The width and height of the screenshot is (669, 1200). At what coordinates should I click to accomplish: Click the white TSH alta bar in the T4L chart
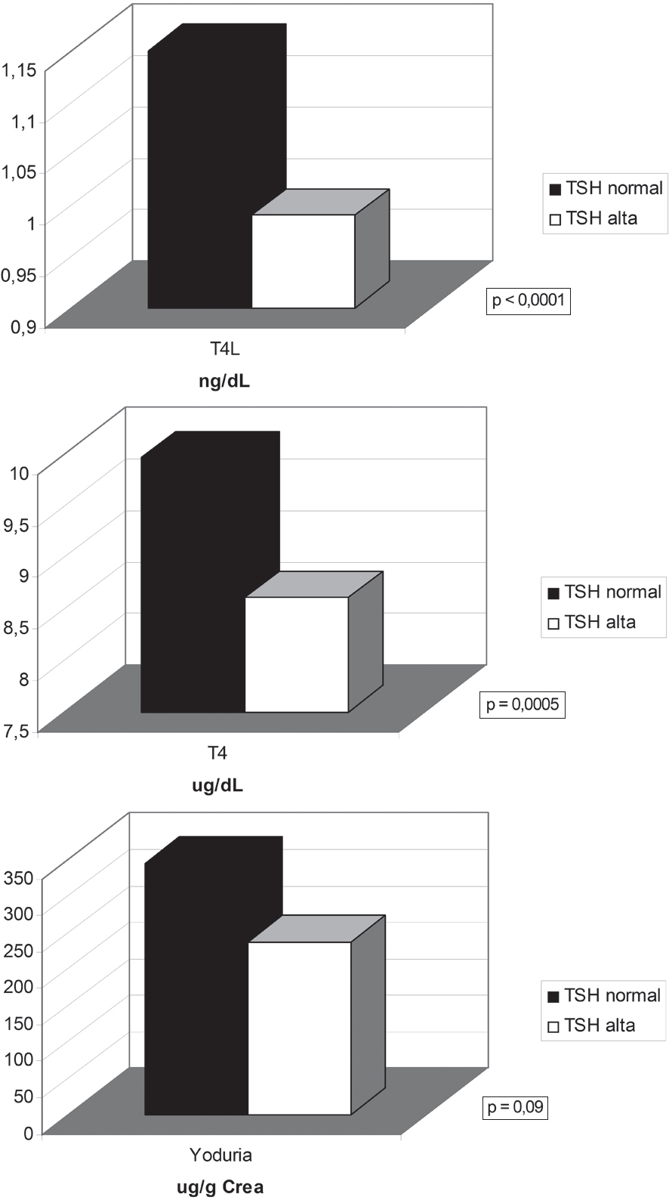[x=303, y=261]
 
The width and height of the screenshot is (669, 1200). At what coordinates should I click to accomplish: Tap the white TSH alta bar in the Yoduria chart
[x=300, y=1028]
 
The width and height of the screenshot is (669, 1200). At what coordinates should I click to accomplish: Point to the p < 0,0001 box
[x=528, y=301]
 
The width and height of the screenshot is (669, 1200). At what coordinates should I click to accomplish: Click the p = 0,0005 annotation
[x=523, y=704]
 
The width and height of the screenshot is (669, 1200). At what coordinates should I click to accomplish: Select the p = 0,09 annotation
[x=516, y=1108]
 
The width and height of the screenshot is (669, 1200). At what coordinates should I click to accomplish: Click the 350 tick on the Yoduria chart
[x=17, y=878]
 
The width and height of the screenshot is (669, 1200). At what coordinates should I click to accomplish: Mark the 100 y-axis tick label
[x=17, y=1059]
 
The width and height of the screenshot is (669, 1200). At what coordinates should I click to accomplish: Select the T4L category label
[x=225, y=350]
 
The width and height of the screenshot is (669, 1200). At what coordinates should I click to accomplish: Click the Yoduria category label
[x=220, y=1155]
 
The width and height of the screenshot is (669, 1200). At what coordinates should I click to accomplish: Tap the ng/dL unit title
[x=224, y=381]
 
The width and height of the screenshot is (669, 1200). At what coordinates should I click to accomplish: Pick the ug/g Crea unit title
[x=220, y=1187]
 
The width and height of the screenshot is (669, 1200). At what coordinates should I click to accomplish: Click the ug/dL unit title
[x=217, y=785]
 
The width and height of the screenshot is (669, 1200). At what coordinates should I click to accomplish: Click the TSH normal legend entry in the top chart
[x=606, y=188]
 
